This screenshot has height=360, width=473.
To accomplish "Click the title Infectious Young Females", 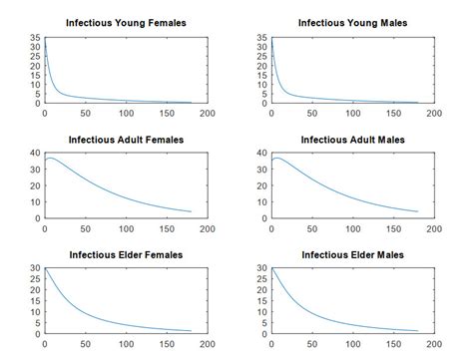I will (126, 23).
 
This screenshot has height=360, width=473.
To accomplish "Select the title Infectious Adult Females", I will (126, 139).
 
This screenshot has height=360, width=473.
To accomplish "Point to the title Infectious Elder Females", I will (126, 255).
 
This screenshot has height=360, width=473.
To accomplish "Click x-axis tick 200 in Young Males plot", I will (433, 113).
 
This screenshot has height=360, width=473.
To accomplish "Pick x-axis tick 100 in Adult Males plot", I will (352, 228).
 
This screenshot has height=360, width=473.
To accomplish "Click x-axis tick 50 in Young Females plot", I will (85, 113).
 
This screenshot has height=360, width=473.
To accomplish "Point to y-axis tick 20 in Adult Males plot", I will (262, 185).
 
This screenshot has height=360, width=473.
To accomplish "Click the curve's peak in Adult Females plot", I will (51, 158).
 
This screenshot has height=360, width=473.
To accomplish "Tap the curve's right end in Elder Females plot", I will (191, 331).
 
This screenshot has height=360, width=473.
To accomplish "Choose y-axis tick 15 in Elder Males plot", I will (262, 301).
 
